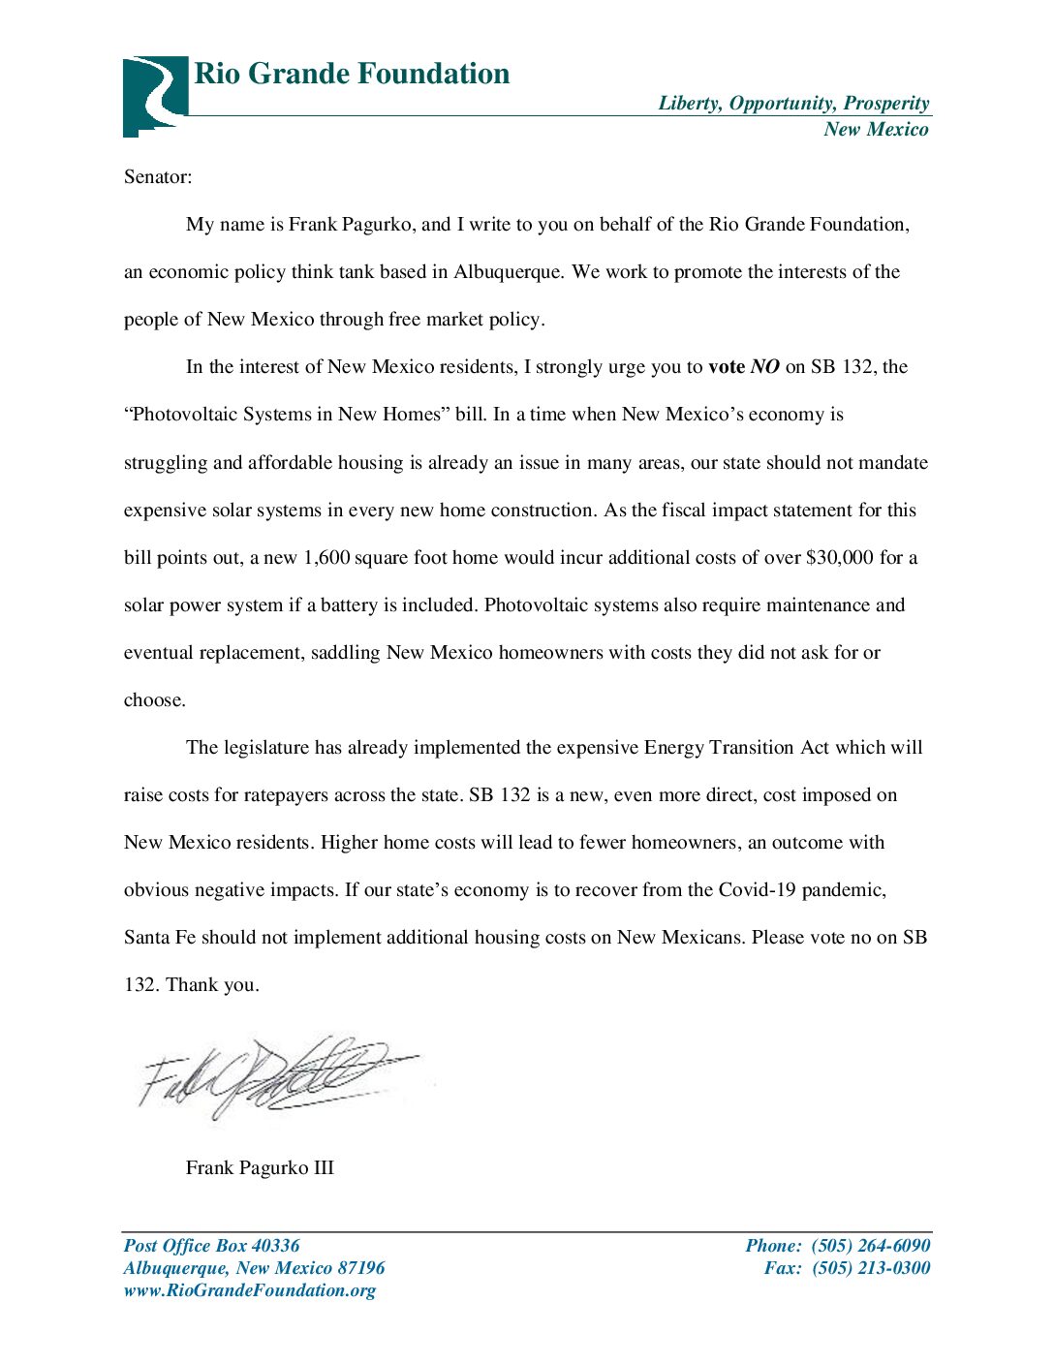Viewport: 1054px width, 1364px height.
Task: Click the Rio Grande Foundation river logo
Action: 154,95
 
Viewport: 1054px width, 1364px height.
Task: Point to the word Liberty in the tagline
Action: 689,104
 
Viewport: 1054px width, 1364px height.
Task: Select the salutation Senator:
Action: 158,177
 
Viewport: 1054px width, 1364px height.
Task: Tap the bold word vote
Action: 726,367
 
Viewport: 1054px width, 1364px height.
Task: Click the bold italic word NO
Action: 764,367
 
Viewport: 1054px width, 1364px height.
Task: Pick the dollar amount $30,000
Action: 839,558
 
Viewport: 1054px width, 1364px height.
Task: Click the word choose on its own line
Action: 154,700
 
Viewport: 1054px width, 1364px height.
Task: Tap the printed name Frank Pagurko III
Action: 260,1167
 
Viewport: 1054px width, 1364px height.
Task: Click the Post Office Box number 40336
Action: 275,1246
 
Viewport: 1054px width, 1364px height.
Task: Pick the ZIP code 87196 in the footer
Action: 360,1268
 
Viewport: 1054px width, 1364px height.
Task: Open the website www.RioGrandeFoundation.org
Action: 249,1290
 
